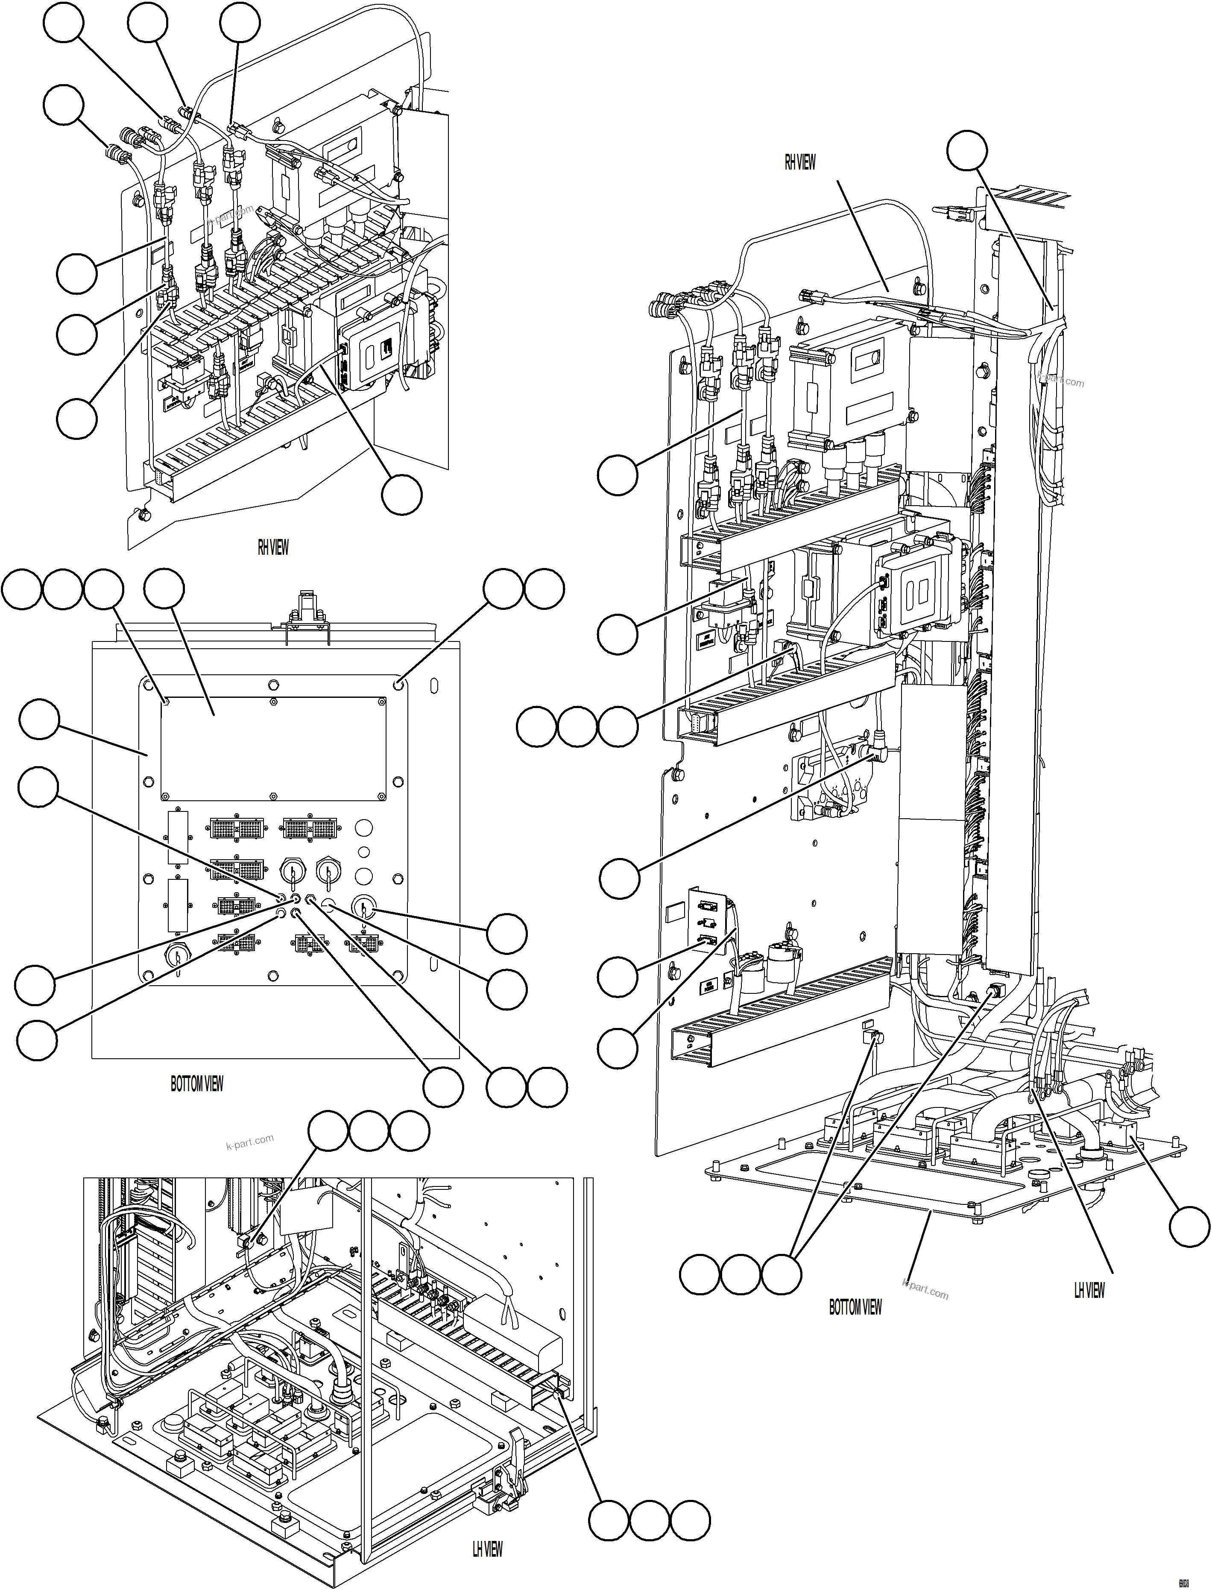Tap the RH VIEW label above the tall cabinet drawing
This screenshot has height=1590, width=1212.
[x=799, y=162]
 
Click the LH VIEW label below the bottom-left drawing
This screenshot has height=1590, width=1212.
[x=487, y=1549]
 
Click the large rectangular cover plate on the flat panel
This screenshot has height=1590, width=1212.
[x=273, y=748]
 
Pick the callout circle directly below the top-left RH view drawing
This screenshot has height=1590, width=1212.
[x=402, y=495]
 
